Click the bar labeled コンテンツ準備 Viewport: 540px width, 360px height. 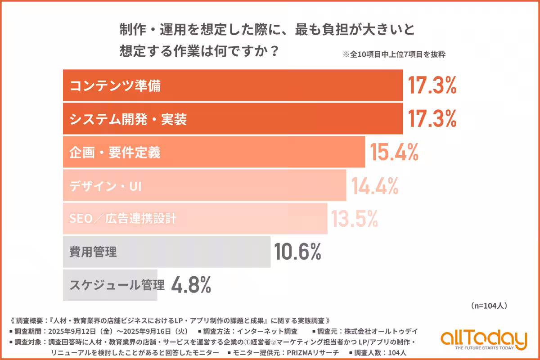[233, 85]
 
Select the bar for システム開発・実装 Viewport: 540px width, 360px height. [233, 119]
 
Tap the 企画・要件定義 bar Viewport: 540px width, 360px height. [214, 152]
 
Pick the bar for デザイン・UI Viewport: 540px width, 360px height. [204, 185]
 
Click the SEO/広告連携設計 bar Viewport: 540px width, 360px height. [195, 219]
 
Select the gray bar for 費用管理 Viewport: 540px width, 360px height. [166, 252]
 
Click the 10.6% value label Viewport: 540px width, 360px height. [297, 252]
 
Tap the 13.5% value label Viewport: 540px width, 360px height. [354, 219]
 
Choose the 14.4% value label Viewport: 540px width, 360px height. [375, 185]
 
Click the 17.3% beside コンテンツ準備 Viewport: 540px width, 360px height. [432, 85]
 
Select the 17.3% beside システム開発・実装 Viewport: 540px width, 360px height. [432, 119]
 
